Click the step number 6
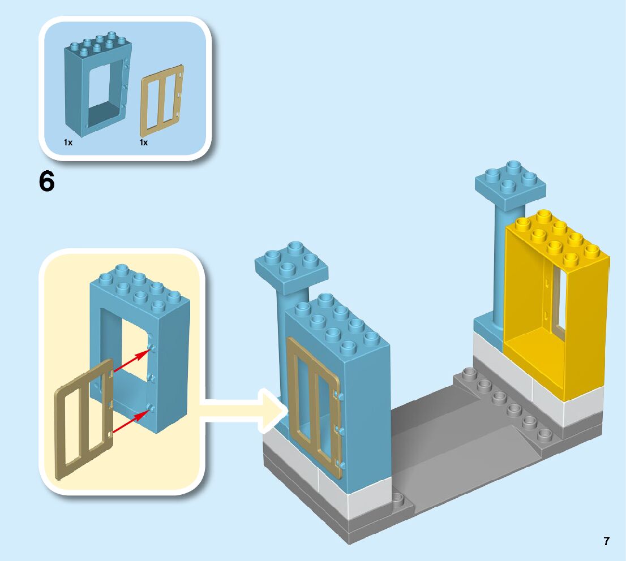pos(47,182)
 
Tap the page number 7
pos(606,541)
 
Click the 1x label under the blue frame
pos(68,143)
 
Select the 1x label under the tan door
pos(144,143)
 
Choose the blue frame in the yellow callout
pos(169,351)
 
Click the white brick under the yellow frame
pos(566,404)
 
